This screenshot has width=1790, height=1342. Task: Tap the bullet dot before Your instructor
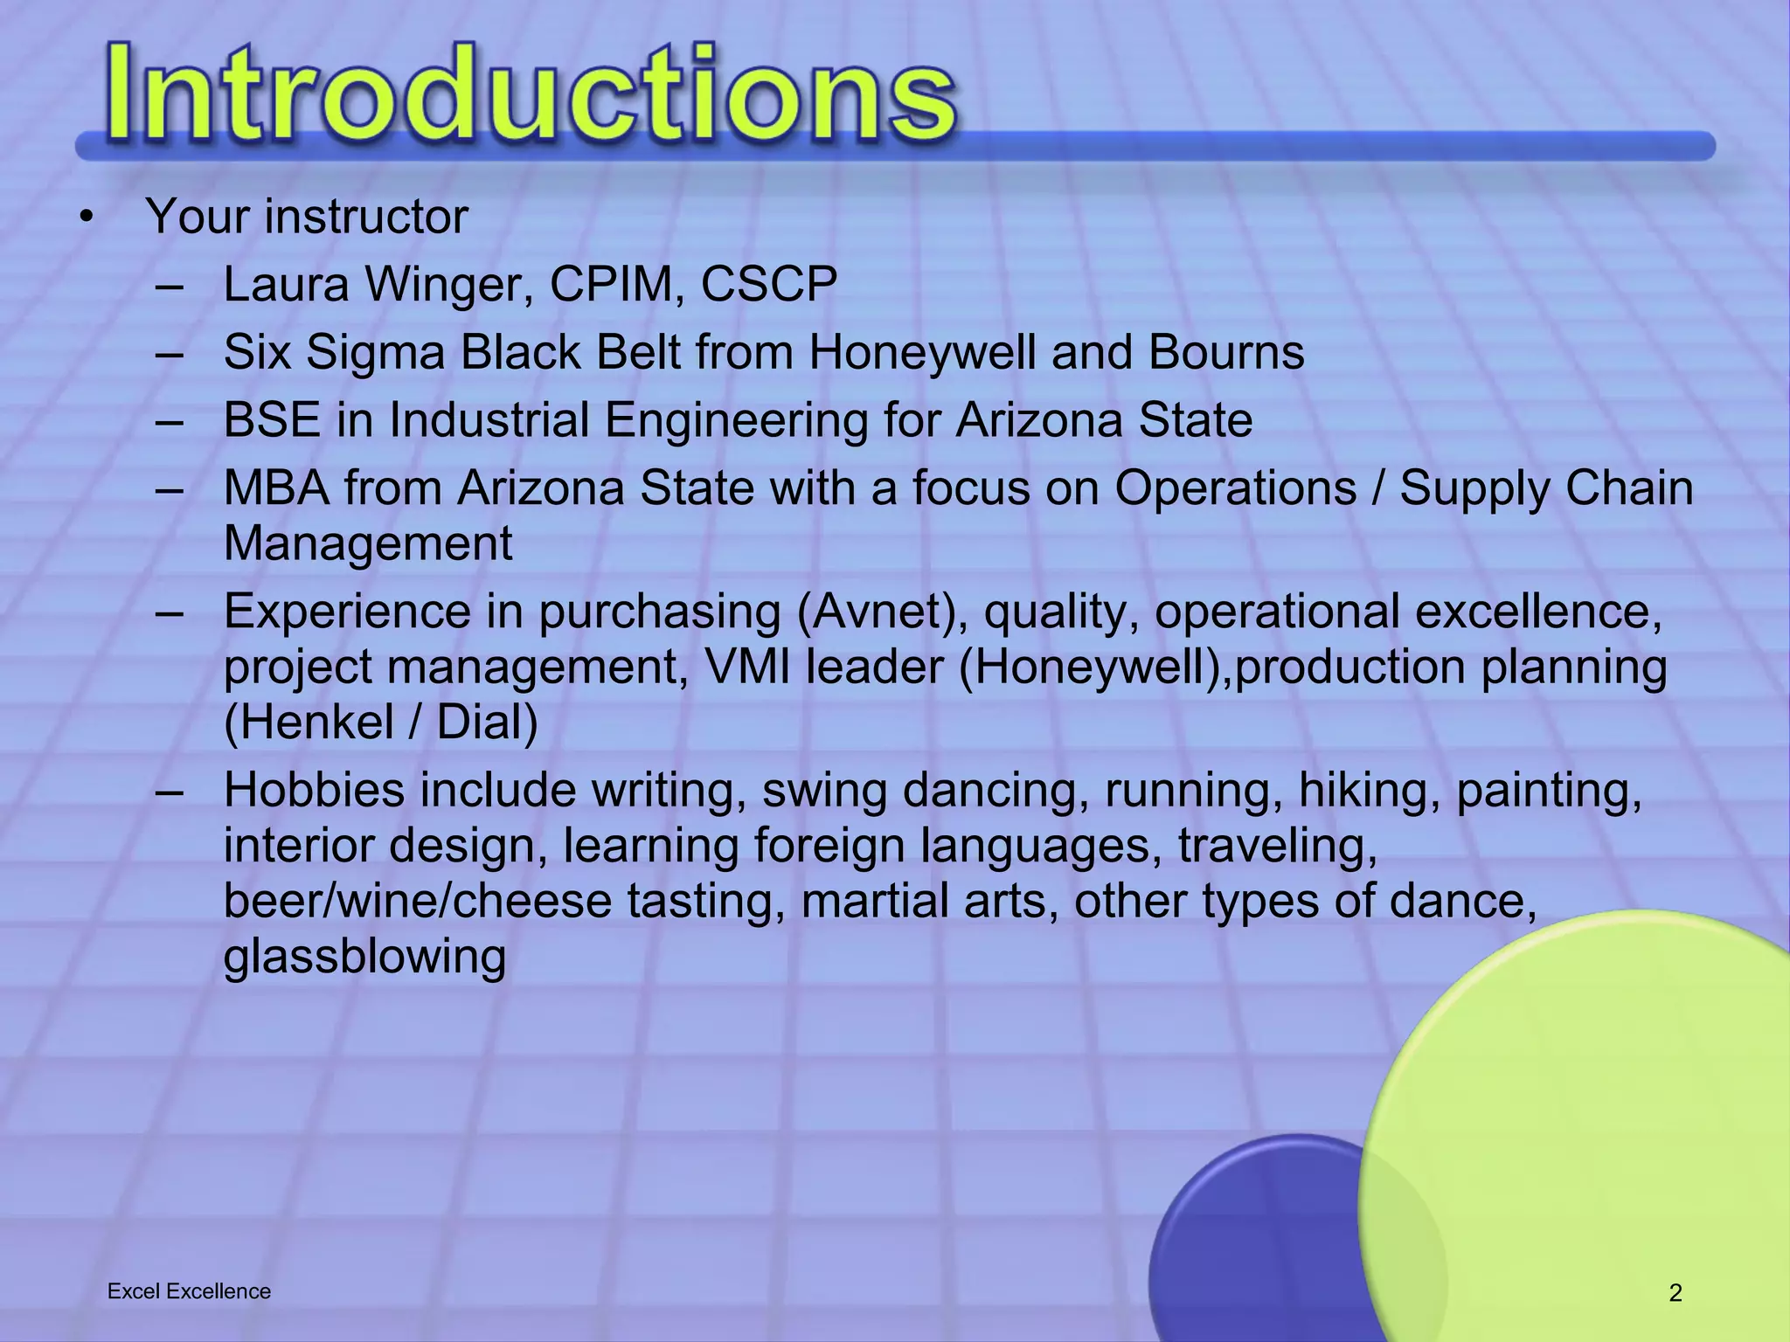tap(85, 218)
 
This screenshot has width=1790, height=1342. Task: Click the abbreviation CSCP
tap(769, 285)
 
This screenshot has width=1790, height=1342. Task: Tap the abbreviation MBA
tap(277, 488)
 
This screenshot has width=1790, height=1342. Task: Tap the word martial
tap(875, 902)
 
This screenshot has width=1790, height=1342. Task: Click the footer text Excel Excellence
tap(189, 1291)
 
